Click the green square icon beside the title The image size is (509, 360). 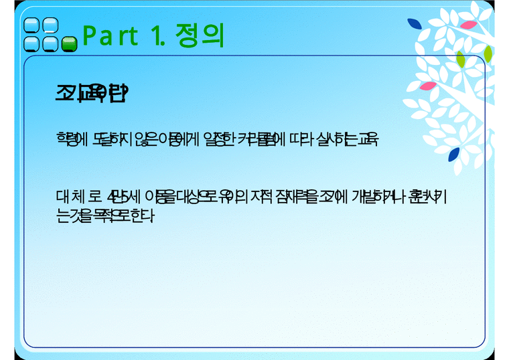(x=68, y=44)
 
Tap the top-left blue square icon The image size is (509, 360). (x=31, y=26)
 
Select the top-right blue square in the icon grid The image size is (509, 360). (x=50, y=26)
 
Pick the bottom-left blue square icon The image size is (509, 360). (x=31, y=44)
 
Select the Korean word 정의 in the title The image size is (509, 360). (x=199, y=35)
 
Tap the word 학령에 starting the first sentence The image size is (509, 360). (x=68, y=139)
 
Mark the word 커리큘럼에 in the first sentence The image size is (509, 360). (x=253, y=139)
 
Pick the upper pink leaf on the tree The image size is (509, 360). (x=469, y=25)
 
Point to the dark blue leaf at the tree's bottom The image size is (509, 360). (x=454, y=154)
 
